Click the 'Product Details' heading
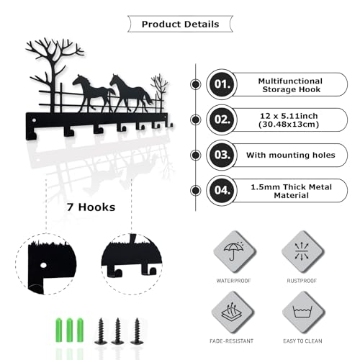[180, 24]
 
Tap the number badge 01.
[222, 84]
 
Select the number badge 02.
[222, 120]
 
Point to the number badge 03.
[222, 155]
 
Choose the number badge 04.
[222, 190]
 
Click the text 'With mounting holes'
[291, 155]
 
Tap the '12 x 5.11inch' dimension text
[289, 116]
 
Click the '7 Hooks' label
[91, 207]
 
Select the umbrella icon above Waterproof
[233, 251]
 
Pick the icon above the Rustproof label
[302, 251]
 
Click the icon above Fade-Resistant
[232, 311]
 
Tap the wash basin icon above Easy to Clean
[302, 312]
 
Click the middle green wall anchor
[70, 330]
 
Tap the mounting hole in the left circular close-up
[43, 266]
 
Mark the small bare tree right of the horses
[159, 92]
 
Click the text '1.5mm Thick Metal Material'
[292, 191]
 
